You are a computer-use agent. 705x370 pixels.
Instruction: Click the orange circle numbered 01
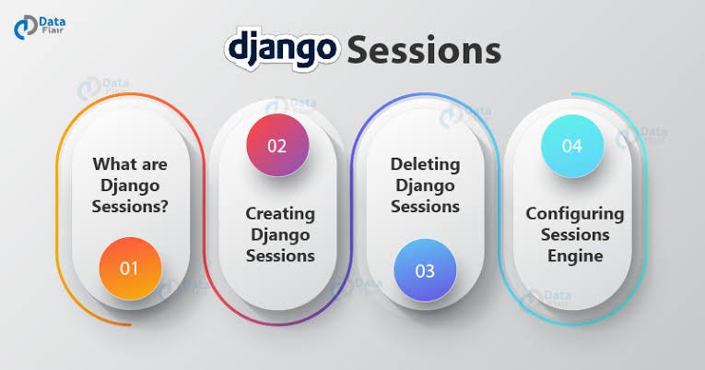coord(130,269)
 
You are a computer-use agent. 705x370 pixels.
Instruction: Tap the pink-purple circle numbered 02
coord(277,145)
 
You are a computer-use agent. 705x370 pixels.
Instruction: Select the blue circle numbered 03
coord(425,270)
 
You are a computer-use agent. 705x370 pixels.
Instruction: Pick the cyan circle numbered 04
coord(572,146)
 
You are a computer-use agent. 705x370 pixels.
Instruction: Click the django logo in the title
coord(282,49)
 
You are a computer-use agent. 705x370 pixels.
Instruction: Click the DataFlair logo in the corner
coord(39,27)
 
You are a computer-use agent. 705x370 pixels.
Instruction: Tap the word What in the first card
coord(112,163)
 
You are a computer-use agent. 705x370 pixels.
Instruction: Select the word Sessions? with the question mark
coord(130,206)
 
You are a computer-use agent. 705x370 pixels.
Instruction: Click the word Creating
coord(280,214)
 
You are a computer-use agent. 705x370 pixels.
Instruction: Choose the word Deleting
coord(425,165)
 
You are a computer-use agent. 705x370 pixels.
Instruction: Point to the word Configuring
coord(575,214)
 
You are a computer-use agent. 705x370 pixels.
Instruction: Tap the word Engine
coord(575,257)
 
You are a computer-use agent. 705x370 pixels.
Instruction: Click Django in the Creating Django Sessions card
coord(280,235)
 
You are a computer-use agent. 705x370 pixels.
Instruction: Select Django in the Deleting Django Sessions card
coord(425,185)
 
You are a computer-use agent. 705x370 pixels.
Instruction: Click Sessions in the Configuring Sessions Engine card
coord(575,234)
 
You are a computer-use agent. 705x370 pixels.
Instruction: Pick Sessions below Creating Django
coord(280,256)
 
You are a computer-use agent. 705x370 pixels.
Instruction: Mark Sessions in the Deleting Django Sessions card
coord(425,207)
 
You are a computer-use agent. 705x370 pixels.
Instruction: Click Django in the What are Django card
coord(130,185)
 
